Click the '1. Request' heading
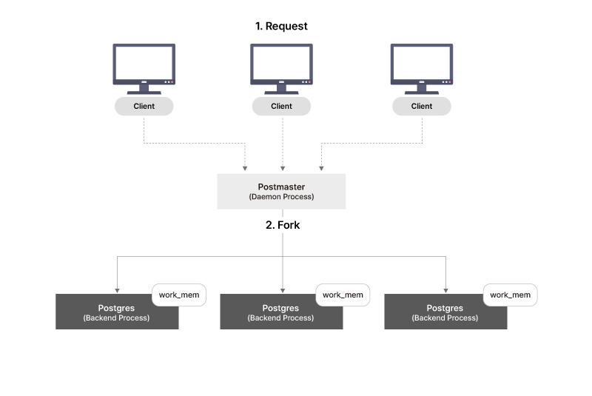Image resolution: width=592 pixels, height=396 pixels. coord(281,26)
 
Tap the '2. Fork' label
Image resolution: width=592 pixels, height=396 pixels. coord(283,225)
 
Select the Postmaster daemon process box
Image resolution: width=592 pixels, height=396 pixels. coord(281,191)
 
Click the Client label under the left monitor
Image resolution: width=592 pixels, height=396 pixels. coord(144,106)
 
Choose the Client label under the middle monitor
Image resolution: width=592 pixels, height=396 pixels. coord(281,106)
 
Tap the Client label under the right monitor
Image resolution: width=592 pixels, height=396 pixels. coord(421,106)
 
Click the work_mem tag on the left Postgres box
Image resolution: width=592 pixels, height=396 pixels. coord(179,295)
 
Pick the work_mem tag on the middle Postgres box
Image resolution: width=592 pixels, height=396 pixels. coord(343,295)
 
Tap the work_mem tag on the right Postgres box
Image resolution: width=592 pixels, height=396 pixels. coord(511,295)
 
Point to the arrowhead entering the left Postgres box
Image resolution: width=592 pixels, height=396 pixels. coord(117,289)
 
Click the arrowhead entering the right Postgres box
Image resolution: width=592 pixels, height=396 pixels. coord(445,289)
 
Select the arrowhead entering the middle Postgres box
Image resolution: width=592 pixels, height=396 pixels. coord(282,289)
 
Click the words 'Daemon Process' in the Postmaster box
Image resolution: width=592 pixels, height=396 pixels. coord(281,198)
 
